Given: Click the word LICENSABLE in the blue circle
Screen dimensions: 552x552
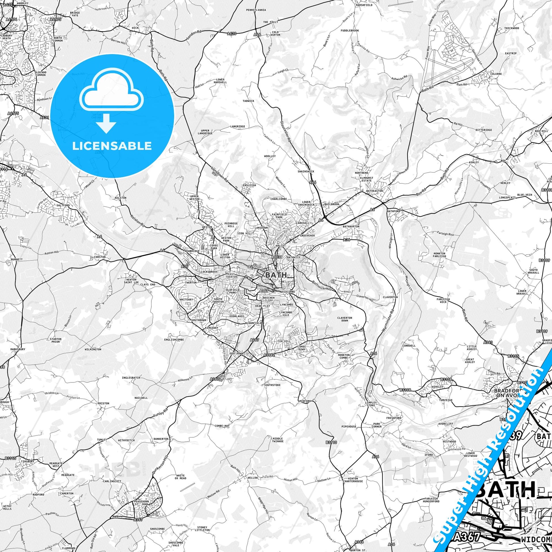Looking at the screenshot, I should [x=112, y=146].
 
